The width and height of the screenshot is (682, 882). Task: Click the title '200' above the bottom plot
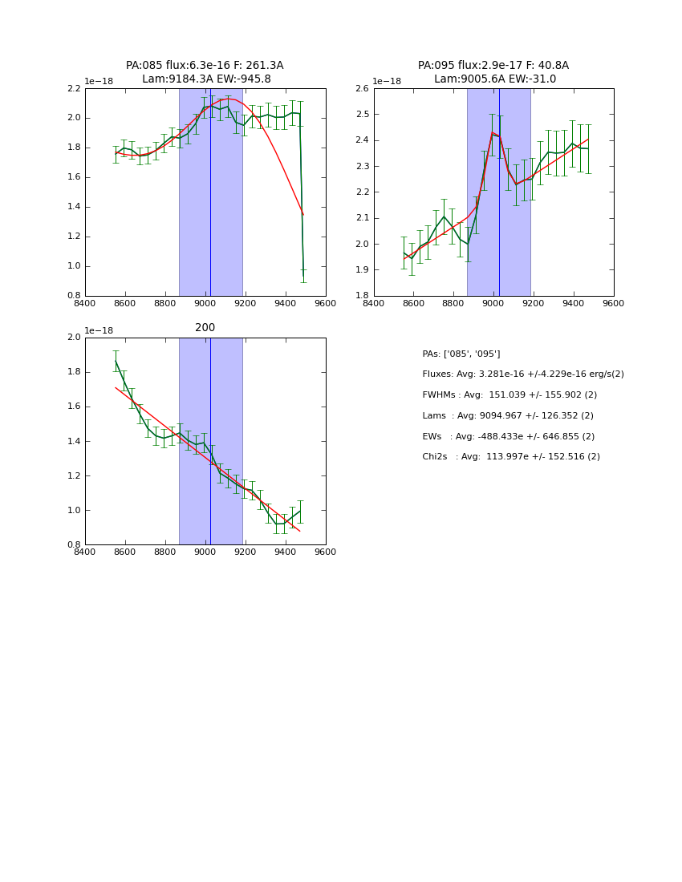(205, 328)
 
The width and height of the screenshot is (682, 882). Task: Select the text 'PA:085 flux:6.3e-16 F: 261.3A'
(205, 66)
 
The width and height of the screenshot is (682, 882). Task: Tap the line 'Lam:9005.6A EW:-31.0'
(494, 79)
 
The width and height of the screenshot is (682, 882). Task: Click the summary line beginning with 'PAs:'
(461, 354)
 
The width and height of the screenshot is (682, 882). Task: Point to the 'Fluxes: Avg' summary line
(522, 374)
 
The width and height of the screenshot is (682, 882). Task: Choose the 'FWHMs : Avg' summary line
(509, 395)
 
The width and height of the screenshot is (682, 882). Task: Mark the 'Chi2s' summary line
(510, 457)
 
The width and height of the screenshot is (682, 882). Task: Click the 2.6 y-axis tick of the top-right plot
(361, 88)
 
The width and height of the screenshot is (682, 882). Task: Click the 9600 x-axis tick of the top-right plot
(613, 303)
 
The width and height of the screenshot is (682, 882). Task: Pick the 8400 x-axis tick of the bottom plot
(85, 552)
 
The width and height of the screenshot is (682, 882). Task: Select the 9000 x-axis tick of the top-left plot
(205, 303)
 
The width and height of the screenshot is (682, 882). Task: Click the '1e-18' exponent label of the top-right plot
(387, 81)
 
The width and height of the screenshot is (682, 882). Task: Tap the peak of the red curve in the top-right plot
(492, 132)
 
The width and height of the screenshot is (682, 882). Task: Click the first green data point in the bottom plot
(116, 361)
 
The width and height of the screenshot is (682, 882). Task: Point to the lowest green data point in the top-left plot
(303, 269)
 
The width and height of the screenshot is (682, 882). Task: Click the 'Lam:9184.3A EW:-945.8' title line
(206, 79)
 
